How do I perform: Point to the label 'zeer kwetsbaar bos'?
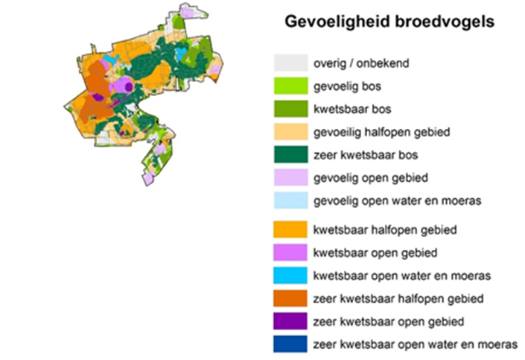(x=364, y=156)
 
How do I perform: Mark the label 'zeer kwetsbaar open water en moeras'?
(x=414, y=345)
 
